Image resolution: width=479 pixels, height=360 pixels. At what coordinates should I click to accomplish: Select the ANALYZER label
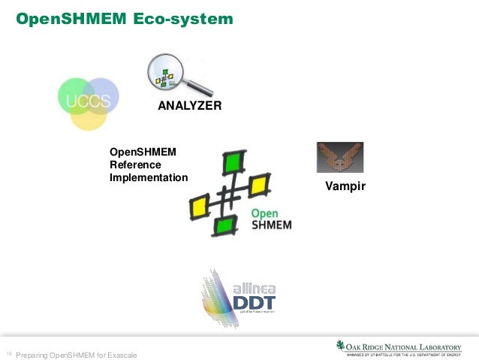(189, 107)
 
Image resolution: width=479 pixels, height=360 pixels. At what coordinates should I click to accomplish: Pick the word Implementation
(148, 178)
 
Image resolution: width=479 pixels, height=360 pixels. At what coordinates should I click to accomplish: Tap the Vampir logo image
(339, 158)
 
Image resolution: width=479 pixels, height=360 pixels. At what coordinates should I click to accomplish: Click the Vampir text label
(345, 185)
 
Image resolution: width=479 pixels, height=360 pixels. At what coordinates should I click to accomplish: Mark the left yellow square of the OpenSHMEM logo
(200, 206)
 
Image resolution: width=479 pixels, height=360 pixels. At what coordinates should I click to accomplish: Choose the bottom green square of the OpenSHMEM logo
(223, 225)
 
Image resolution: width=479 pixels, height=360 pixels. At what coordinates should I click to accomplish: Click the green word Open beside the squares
(265, 213)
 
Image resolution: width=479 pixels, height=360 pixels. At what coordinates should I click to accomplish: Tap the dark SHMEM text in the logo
(271, 225)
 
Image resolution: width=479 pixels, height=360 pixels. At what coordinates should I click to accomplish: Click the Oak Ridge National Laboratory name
(407, 345)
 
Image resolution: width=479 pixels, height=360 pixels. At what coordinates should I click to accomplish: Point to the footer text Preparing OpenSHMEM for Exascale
(77, 355)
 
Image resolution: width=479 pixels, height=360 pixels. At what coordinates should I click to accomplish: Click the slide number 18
(8, 353)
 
